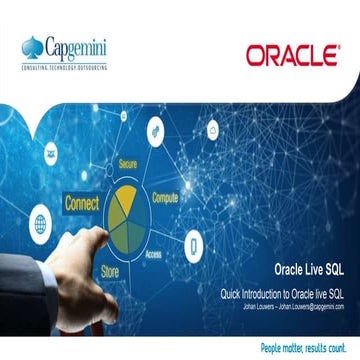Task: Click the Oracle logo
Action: [291, 55]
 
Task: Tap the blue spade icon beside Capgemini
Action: [33, 47]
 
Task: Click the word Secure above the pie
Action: [128, 162]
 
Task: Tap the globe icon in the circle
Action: [41, 222]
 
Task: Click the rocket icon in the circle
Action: [157, 128]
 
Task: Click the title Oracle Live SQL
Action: [313, 268]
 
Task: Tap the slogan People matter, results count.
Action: [307, 347]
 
